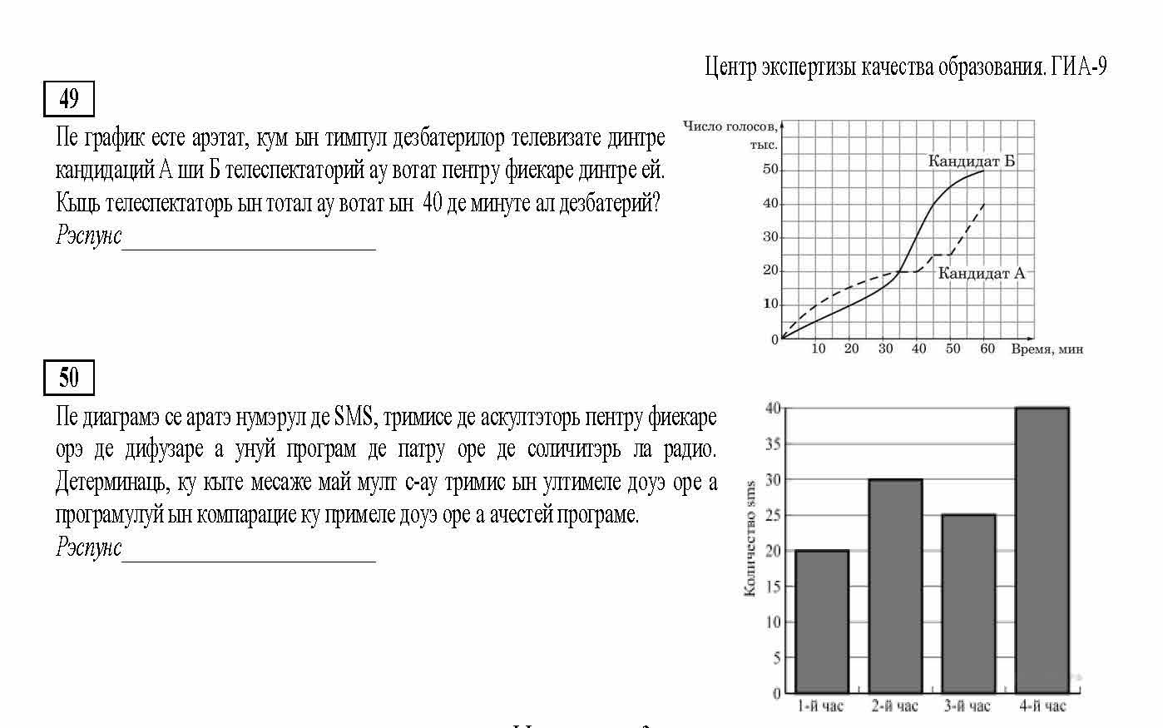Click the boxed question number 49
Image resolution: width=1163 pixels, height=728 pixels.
coord(69,100)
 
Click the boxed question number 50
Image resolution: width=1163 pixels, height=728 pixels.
coord(69,379)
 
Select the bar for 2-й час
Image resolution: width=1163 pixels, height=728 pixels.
coord(895,586)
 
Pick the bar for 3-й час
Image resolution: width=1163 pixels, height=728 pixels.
coord(968,603)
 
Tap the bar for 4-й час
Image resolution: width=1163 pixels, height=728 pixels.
coord(1042,550)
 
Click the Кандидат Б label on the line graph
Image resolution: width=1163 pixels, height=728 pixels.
coord(971,161)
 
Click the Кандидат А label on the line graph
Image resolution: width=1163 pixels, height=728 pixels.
coord(981,273)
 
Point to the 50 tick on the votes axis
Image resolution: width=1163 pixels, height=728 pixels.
coord(770,170)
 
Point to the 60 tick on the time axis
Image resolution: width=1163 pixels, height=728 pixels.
coord(987,349)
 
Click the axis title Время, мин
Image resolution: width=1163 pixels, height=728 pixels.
coord(1047,349)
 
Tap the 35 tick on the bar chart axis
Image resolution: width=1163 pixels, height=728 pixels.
coord(773,444)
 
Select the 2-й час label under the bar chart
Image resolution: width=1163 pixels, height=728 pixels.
coord(895,706)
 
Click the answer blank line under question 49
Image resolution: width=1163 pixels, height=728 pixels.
coord(249,247)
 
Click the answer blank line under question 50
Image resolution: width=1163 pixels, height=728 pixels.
coord(249,559)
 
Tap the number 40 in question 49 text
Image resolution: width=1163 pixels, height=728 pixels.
coord(433,202)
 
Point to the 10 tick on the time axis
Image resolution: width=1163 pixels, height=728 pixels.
coord(818,349)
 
